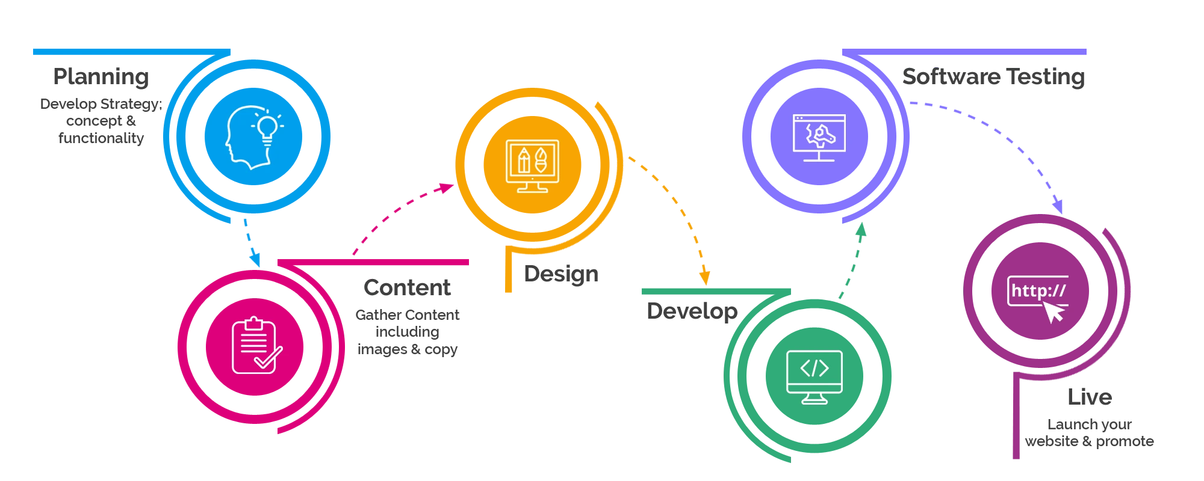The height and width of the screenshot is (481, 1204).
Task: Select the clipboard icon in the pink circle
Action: tap(255, 346)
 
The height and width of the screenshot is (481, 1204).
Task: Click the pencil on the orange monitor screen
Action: tap(524, 159)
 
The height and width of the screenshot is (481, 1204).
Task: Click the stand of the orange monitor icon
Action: tap(533, 188)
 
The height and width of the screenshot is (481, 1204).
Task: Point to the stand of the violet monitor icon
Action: tap(819, 156)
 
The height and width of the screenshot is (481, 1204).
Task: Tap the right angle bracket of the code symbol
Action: tap(824, 368)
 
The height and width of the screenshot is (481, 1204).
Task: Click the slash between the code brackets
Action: tap(815, 368)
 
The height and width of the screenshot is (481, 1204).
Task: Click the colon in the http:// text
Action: tap(1046, 293)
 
